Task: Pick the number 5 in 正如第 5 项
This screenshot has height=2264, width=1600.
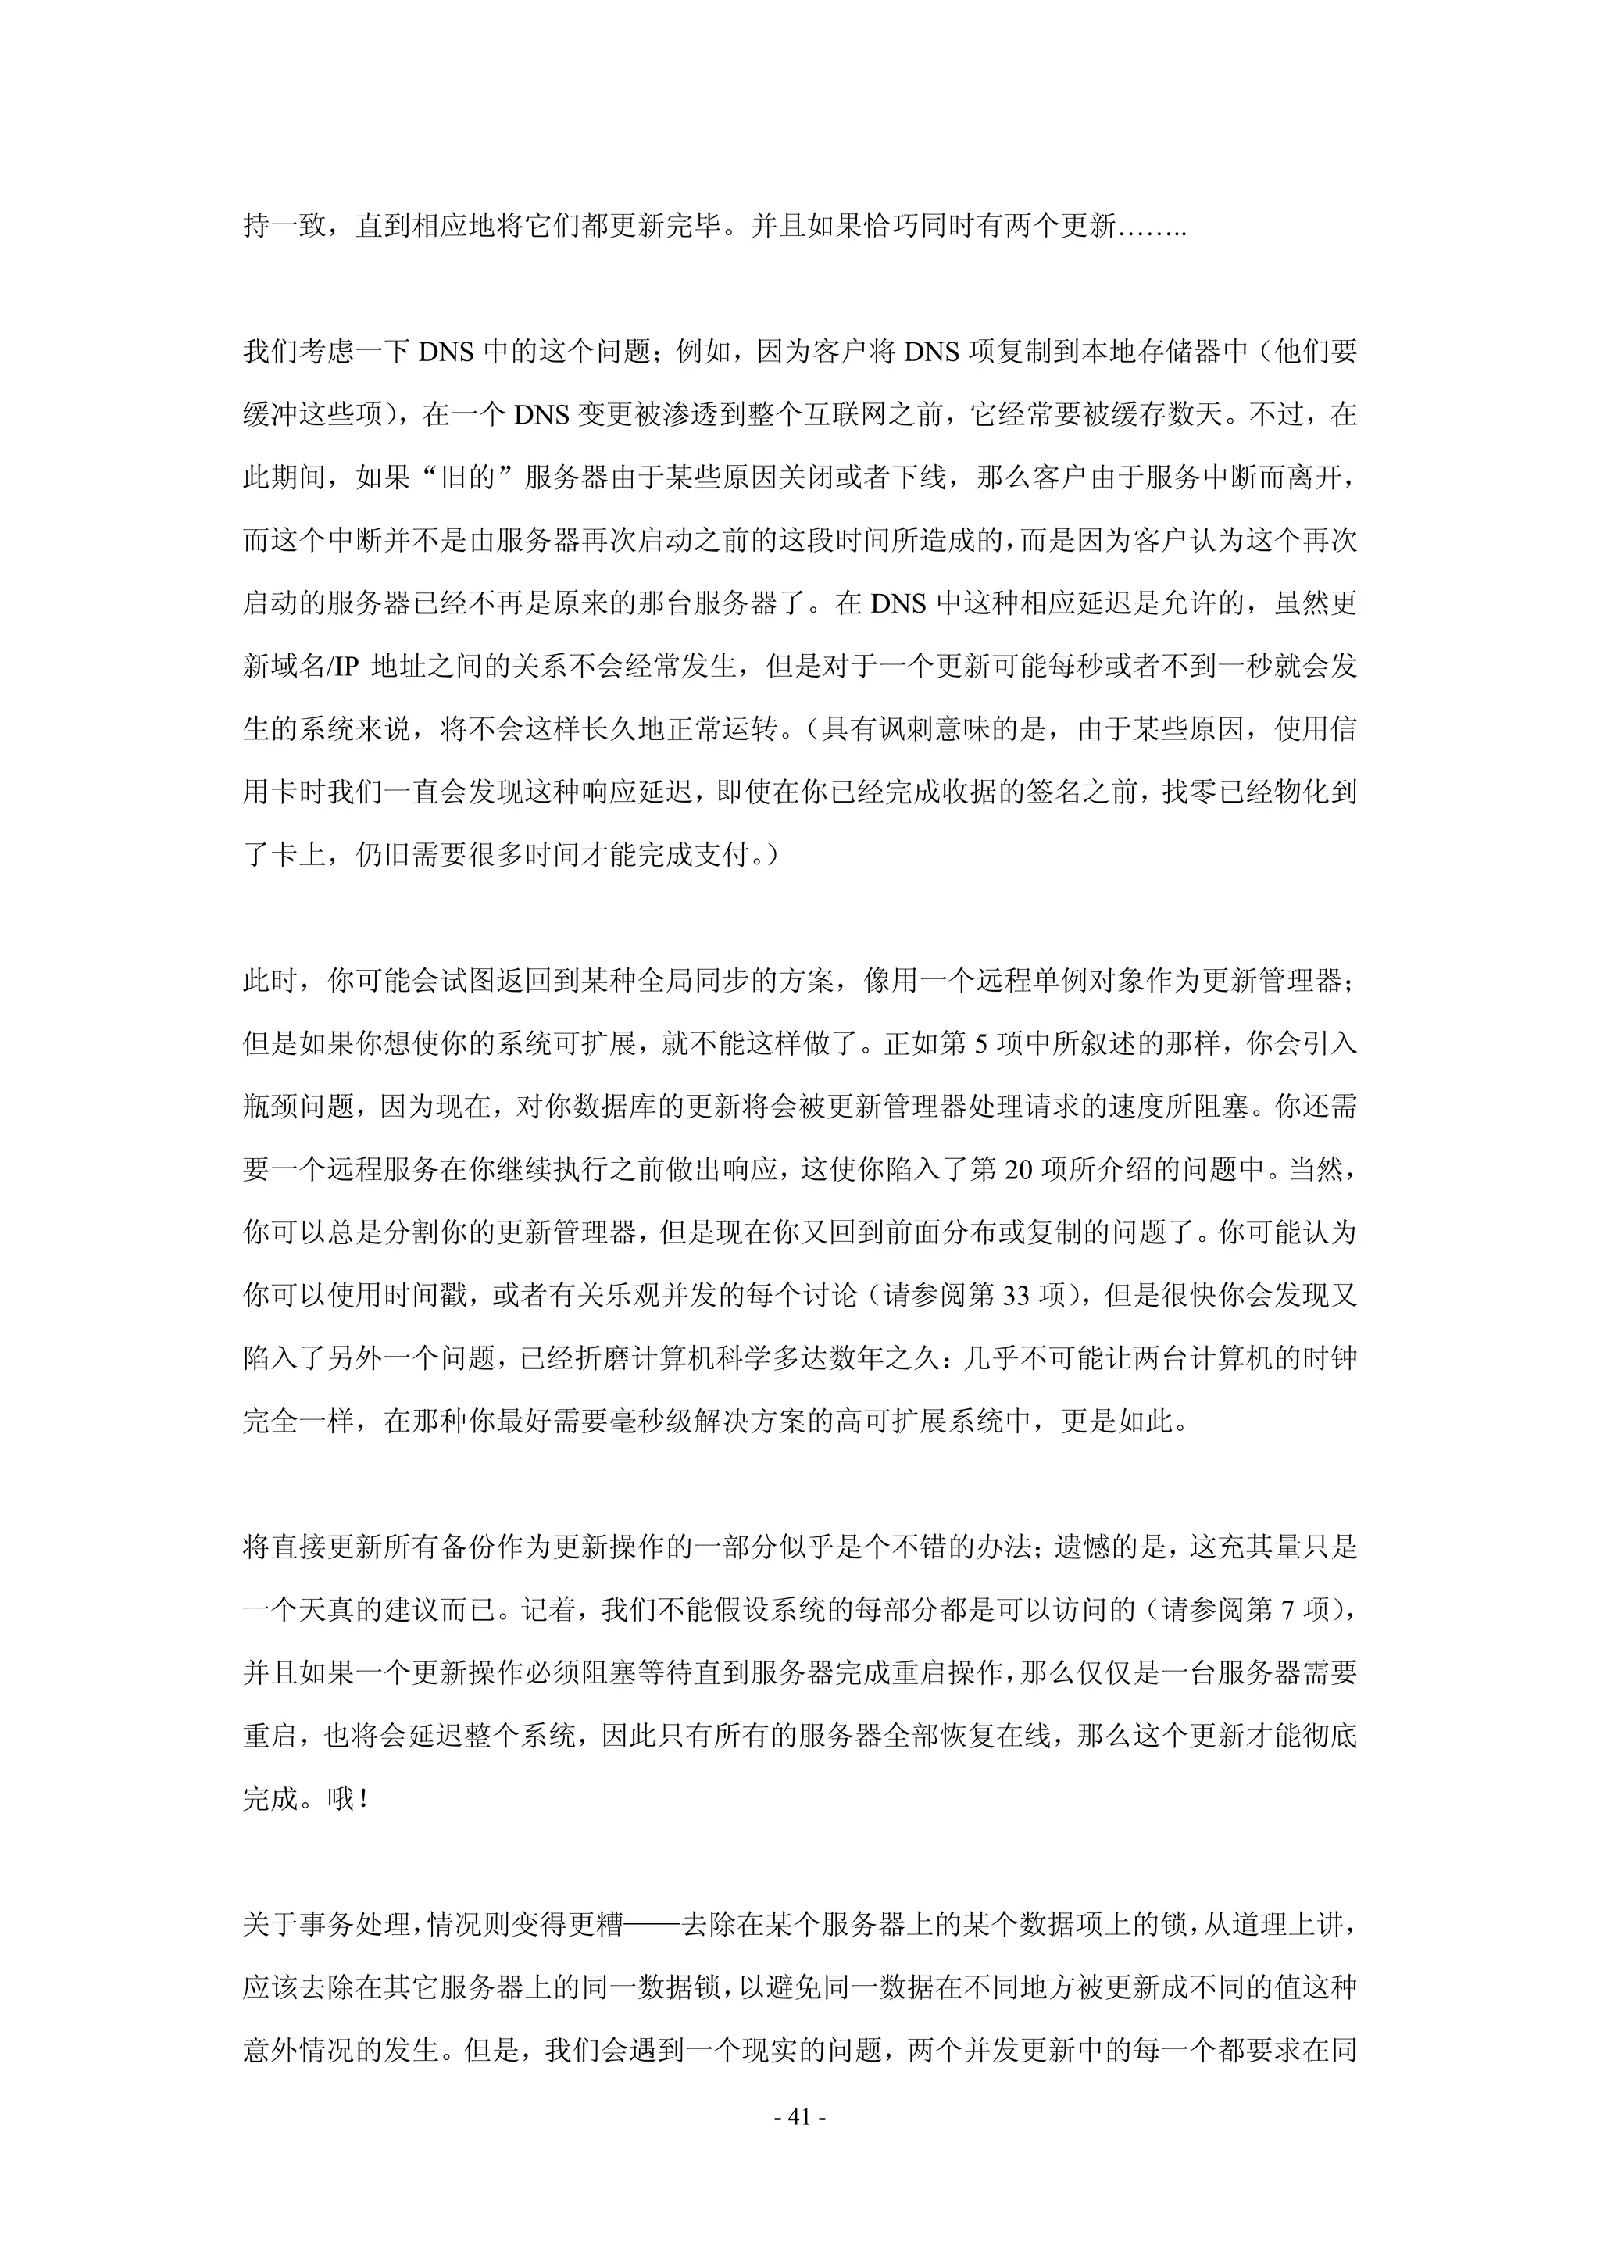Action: coord(981,1043)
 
